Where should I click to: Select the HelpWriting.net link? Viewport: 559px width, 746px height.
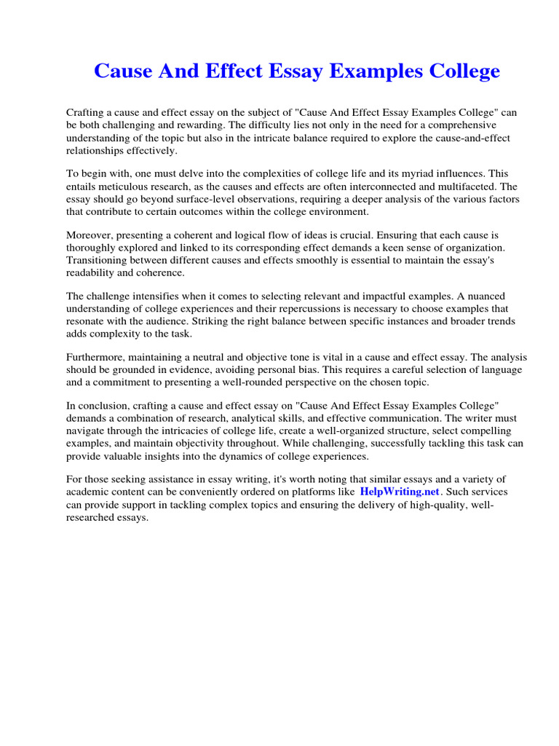[400, 492]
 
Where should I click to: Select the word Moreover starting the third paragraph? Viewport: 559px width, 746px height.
[90, 235]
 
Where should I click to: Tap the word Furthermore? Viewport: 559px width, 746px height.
[95, 358]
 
